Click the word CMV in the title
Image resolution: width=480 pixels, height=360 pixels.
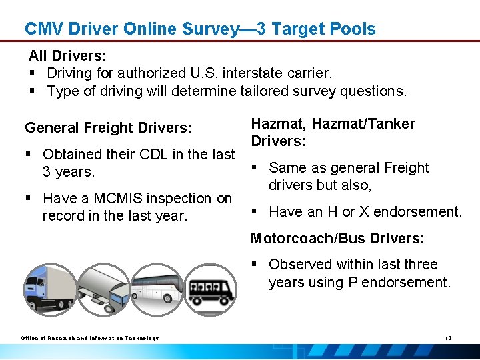42,29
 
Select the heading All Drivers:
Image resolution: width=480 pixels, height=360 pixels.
67,55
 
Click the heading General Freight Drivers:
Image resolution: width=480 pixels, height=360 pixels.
109,127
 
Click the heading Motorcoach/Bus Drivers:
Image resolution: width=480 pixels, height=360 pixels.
337,239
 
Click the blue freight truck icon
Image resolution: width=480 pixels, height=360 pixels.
49,289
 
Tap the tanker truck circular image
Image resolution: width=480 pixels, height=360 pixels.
102,289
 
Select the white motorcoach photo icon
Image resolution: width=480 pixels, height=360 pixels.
156,289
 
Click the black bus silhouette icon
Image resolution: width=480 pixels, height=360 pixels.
209,289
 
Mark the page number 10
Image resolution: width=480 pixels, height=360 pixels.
448,338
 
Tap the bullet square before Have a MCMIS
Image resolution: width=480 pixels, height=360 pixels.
29,199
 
